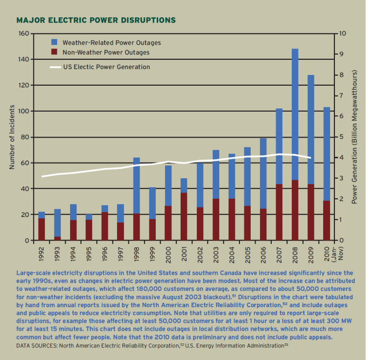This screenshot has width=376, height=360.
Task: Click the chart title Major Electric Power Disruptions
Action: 96,21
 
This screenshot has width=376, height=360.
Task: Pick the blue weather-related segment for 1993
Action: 57,223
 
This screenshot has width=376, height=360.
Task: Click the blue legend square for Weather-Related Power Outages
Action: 54,43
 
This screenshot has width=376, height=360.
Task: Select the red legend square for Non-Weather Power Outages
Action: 54,52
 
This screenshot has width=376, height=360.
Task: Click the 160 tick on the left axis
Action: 23,34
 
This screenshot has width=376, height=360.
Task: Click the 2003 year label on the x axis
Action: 215,252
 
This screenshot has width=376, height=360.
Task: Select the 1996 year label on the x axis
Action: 105,252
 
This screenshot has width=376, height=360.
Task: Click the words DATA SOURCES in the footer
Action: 37,345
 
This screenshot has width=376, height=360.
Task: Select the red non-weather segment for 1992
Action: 42,229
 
